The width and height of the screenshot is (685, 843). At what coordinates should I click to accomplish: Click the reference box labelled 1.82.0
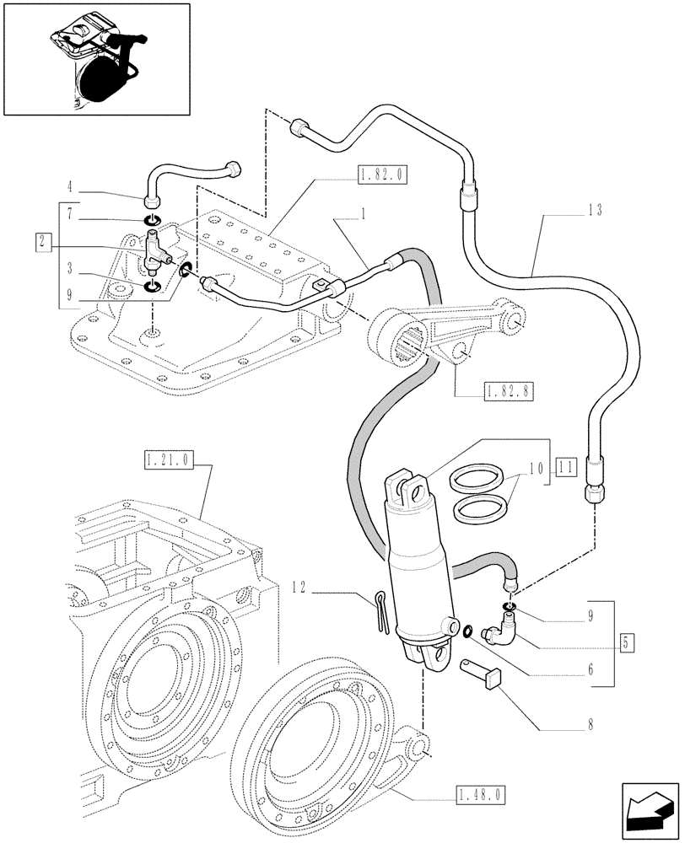(x=382, y=175)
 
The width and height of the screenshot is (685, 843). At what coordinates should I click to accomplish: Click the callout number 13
(x=594, y=211)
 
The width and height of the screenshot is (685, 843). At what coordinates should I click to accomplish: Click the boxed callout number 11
(x=565, y=464)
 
